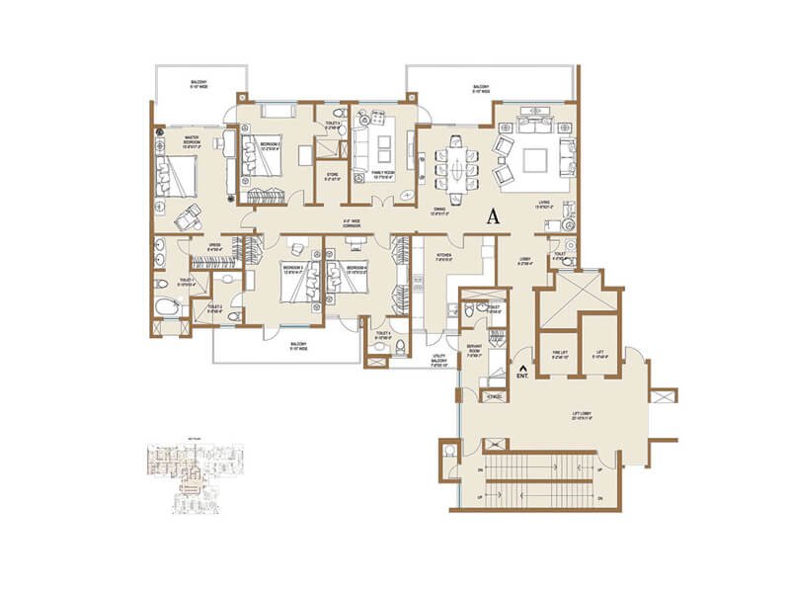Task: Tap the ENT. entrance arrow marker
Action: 521,374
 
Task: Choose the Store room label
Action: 332,179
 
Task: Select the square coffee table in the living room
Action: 539,158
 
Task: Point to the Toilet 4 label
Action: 383,334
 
